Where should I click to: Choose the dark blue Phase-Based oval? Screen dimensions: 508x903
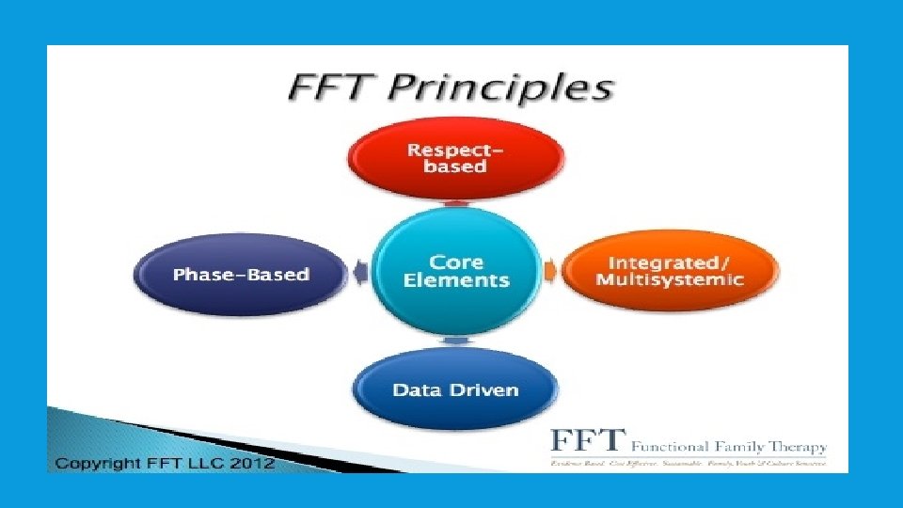coord(241,275)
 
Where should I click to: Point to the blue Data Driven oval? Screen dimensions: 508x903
coord(456,389)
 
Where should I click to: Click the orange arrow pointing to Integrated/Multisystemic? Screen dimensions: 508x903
coord(550,273)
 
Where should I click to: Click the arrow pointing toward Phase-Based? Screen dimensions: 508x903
coord(361,274)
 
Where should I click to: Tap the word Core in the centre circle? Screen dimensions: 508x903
coord(456,262)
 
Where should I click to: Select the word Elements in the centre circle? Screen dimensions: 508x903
coord(456,280)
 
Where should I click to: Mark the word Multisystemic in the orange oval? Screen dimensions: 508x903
coord(671,280)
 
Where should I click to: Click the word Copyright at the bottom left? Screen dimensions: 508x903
coord(95,463)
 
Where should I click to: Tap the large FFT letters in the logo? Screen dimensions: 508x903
coord(588,440)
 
